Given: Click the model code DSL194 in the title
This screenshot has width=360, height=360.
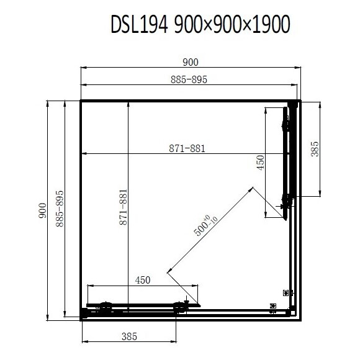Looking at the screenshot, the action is [x=140, y=24].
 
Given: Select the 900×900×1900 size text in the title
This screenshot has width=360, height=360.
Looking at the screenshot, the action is [x=232, y=24].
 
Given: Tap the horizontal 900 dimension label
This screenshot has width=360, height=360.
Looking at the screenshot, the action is [x=191, y=62].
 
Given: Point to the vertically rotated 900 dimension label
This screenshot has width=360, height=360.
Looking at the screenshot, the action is [x=42, y=210].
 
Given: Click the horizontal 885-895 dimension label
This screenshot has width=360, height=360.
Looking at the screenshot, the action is [x=189, y=79].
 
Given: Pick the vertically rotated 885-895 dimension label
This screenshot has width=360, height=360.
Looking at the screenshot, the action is [x=60, y=209].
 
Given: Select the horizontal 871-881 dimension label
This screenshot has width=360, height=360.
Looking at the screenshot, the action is [x=187, y=148].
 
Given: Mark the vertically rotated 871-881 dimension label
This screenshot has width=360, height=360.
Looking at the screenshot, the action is [x=123, y=207].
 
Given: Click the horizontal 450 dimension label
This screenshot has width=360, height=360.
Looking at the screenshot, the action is [x=143, y=280].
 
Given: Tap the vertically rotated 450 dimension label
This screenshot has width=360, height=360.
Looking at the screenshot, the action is [x=260, y=163].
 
